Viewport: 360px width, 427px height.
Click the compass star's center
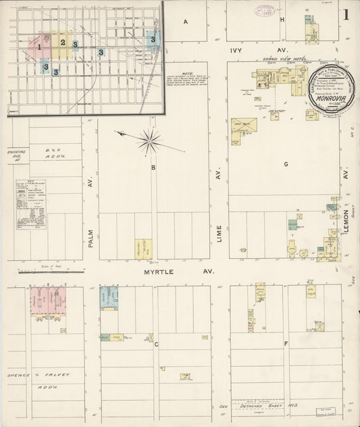point(149,141)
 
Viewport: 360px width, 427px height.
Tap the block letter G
point(286,164)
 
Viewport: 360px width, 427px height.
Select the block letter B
point(153,167)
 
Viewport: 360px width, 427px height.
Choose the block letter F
point(286,344)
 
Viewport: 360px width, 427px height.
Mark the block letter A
point(184,22)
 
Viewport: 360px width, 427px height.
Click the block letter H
point(282,20)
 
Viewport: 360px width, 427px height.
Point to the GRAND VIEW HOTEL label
point(280,59)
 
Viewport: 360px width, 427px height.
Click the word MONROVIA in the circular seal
point(327,96)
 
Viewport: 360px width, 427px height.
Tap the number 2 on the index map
point(63,43)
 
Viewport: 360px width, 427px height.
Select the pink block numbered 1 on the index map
point(41,47)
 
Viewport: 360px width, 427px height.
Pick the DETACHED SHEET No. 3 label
point(259,404)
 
